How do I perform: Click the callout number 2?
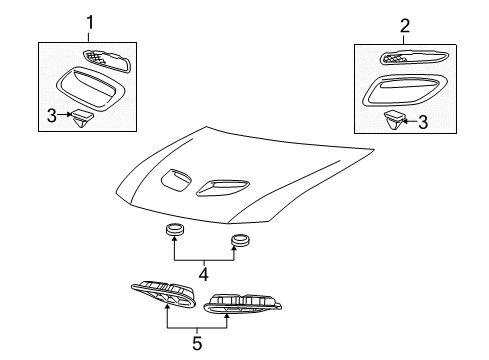tap(405, 26)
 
